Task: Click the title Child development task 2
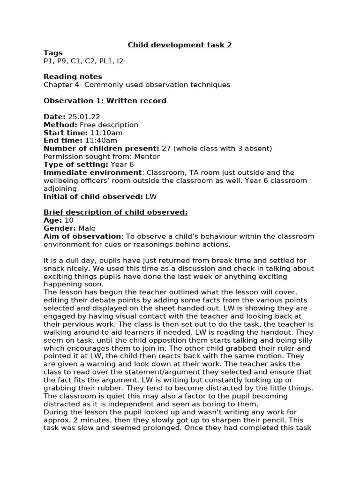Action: pos(180,45)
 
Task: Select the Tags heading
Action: pos(53,53)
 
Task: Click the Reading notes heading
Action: pos(73,76)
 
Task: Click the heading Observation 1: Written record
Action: pos(105,101)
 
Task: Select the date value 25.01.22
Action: pos(84,117)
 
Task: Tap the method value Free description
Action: pos(109,125)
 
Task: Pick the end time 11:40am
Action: pos(101,141)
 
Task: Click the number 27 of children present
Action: pos(166,149)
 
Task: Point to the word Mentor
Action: pos(147,157)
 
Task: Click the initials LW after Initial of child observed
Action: pos(151,196)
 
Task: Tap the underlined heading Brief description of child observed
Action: pos(115,212)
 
